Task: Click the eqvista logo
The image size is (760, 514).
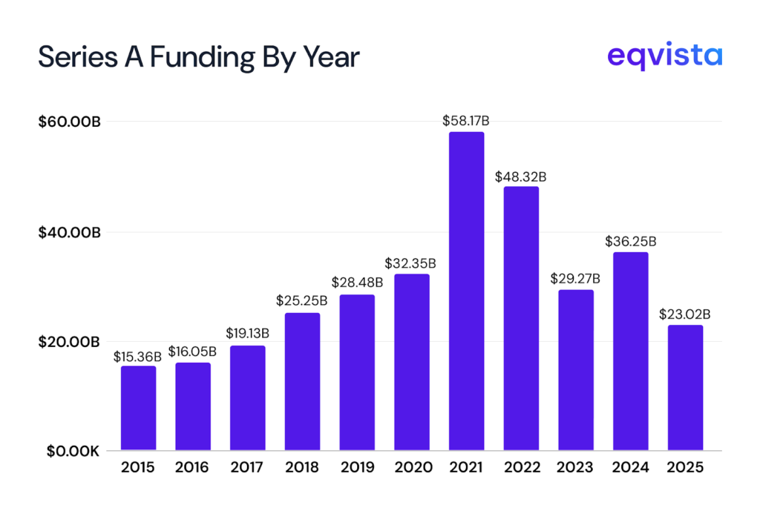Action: click(664, 56)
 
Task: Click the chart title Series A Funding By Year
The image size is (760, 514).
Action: click(199, 57)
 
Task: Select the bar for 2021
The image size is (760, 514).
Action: click(466, 291)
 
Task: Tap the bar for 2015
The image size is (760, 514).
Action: click(138, 408)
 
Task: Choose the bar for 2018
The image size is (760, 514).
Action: click(302, 381)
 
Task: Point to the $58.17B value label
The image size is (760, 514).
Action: click(466, 120)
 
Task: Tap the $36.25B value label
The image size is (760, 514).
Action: click(631, 241)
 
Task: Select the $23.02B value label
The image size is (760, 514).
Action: click(685, 314)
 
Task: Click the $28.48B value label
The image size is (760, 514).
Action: click(357, 283)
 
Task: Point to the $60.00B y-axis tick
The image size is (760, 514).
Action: click(69, 122)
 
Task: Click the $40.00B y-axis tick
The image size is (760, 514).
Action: click(69, 232)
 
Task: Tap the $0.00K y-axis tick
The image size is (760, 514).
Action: click(69, 451)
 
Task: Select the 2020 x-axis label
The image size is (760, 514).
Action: click(411, 468)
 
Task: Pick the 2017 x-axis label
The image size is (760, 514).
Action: click(247, 468)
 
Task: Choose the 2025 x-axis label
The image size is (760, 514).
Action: click(685, 468)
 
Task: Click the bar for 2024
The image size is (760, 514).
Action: click(631, 351)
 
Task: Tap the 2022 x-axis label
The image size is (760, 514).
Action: click(521, 468)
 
